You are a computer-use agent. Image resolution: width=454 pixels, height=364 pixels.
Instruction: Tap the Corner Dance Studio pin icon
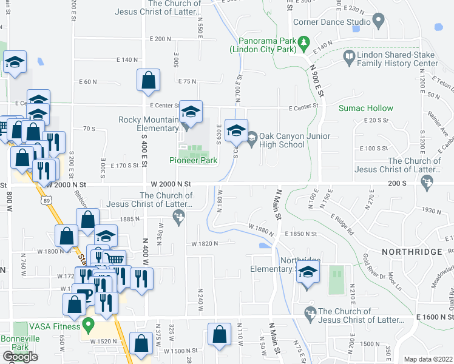pyautogui.click(x=379, y=22)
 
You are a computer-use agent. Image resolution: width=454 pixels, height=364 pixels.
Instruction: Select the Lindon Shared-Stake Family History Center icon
pyautogui.click(x=349, y=58)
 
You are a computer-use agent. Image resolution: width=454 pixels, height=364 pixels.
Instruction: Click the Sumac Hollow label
pyautogui.click(x=366, y=109)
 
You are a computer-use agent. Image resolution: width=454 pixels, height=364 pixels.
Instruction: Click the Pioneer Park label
pyautogui.click(x=192, y=161)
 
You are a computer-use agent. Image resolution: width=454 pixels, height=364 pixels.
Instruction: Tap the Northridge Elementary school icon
pyautogui.click(x=308, y=274)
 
